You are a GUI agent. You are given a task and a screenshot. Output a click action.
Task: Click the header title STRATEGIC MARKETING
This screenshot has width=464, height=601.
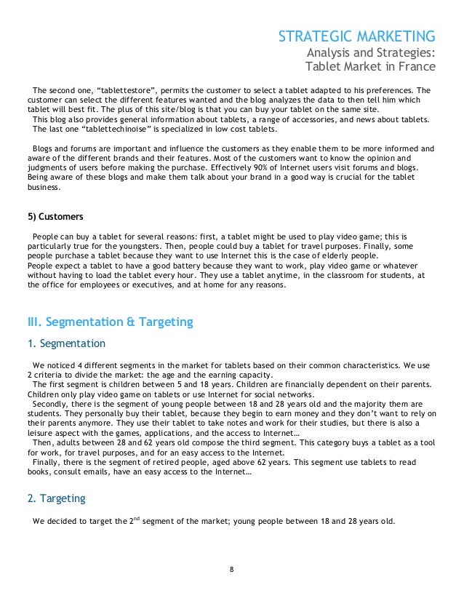coord(358,36)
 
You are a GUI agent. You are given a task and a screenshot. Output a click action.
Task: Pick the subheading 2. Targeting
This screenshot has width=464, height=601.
coord(56,498)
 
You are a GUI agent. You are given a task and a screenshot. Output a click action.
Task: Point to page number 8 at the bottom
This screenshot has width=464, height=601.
coord(231,569)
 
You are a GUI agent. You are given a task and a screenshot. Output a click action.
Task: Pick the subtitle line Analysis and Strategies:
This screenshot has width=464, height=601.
coord(371,52)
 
